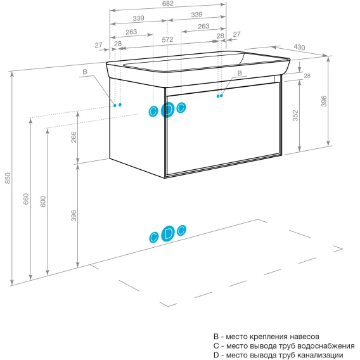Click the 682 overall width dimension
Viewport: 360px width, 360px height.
167,3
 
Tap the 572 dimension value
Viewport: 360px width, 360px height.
167,40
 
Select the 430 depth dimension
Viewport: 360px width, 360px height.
299,47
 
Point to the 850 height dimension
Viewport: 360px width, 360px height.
8,178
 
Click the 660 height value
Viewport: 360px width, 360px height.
26,199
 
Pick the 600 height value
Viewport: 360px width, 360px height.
43,202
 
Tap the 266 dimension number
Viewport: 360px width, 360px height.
74,137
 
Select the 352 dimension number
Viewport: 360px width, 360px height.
295,115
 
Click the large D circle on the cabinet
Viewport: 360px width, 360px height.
167,110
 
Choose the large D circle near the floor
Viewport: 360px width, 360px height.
168,234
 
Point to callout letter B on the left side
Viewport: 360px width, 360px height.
85,72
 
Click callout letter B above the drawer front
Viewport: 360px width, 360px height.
240,73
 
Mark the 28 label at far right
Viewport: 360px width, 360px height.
307,75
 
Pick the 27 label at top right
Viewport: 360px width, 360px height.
236,34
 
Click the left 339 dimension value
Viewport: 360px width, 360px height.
138,18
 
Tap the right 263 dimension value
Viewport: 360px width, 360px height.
203,26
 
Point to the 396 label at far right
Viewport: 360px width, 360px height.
324,101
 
